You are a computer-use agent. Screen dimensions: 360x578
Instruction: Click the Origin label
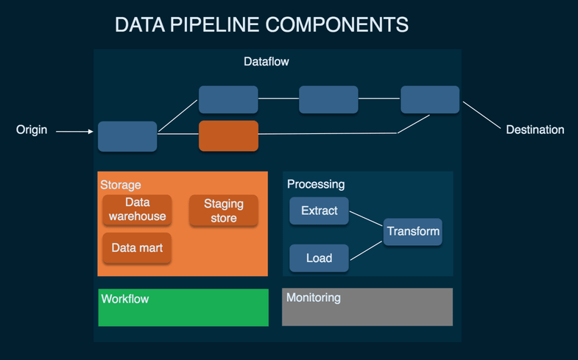[x=32, y=130]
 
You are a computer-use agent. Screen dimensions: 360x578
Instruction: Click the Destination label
[x=535, y=130]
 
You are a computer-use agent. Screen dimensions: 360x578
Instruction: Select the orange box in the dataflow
[x=228, y=136]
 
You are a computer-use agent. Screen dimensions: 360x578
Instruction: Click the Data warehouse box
[x=137, y=209]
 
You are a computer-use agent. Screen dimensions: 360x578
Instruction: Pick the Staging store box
[x=223, y=211]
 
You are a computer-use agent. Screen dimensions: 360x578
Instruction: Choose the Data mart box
[x=137, y=248]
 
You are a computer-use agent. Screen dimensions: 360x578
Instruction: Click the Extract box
[x=319, y=211]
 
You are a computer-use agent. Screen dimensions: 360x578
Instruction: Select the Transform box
[x=413, y=231]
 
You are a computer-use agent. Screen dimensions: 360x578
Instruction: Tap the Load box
[x=319, y=258]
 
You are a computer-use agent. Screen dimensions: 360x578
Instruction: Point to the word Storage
[x=121, y=185]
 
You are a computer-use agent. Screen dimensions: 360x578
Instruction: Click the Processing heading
[x=316, y=184]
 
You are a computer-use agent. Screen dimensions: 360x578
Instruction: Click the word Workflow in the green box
[x=125, y=299]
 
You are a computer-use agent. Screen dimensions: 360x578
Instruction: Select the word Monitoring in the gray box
[x=313, y=298]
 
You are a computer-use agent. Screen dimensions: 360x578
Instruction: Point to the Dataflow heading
[x=267, y=62]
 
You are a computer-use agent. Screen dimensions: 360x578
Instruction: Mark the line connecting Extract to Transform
[x=366, y=219]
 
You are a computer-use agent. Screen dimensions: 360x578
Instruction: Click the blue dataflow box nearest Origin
[x=127, y=136]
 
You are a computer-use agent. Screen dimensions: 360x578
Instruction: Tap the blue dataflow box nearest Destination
[x=430, y=99]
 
